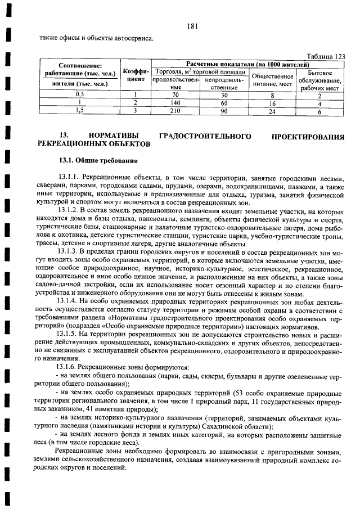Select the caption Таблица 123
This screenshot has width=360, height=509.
pyautogui.click(x=326, y=56)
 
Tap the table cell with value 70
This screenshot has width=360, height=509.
pyautogui.click(x=175, y=95)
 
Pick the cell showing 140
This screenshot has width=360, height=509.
pyautogui.click(x=175, y=103)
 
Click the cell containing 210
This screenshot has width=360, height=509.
pyautogui.click(x=175, y=111)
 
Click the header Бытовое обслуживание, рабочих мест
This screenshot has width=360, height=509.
pyautogui.click(x=319, y=80)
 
